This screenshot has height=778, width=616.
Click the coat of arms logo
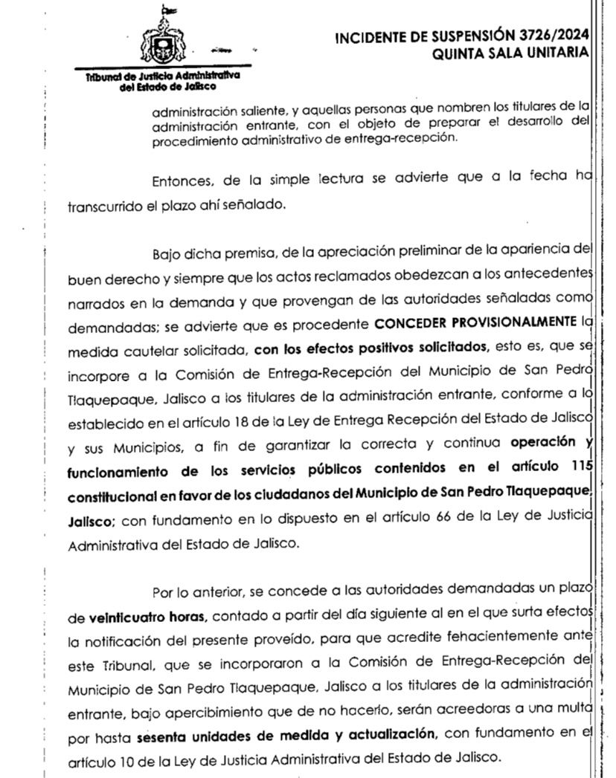[159, 43]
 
